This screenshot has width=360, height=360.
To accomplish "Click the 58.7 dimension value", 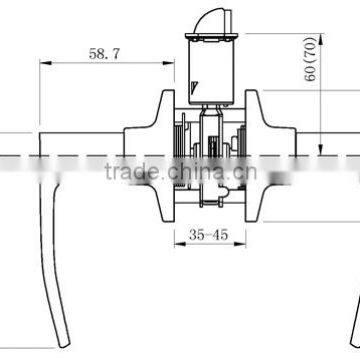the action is point(104,54).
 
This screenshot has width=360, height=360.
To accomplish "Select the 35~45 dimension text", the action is point(208,235).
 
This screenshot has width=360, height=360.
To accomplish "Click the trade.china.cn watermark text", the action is point(181,172).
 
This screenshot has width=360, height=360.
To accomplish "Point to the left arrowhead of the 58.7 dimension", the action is point(46,63).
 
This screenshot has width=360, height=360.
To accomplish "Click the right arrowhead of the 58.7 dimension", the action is point(168,63).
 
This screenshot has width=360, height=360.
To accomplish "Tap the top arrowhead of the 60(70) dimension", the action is point(321,39).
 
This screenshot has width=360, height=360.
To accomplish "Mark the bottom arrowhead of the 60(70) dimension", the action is point(321,150).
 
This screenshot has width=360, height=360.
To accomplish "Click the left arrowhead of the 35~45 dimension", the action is point(180,244).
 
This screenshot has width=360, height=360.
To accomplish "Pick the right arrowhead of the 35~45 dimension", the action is point(240,244).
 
